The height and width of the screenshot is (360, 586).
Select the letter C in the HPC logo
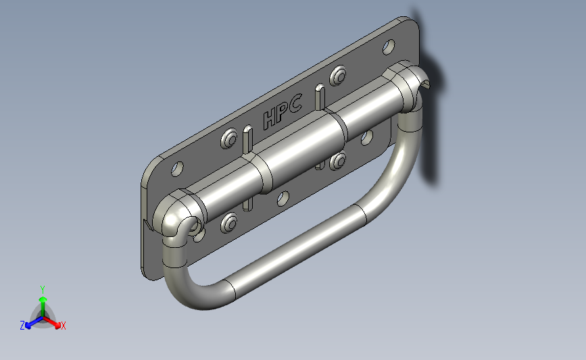tap(295, 104)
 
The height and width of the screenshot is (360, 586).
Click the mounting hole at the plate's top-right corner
tap(389, 47)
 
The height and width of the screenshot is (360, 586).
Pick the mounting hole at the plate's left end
tap(177, 169)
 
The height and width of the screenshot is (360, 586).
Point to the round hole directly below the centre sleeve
tap(283, 199)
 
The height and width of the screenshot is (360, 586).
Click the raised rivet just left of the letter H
tap(228, 138)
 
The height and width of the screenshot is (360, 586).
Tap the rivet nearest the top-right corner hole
tap(338, 76)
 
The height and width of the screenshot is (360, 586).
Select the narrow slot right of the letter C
tap(320, 97)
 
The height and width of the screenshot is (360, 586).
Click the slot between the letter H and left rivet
tap(248, 139)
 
